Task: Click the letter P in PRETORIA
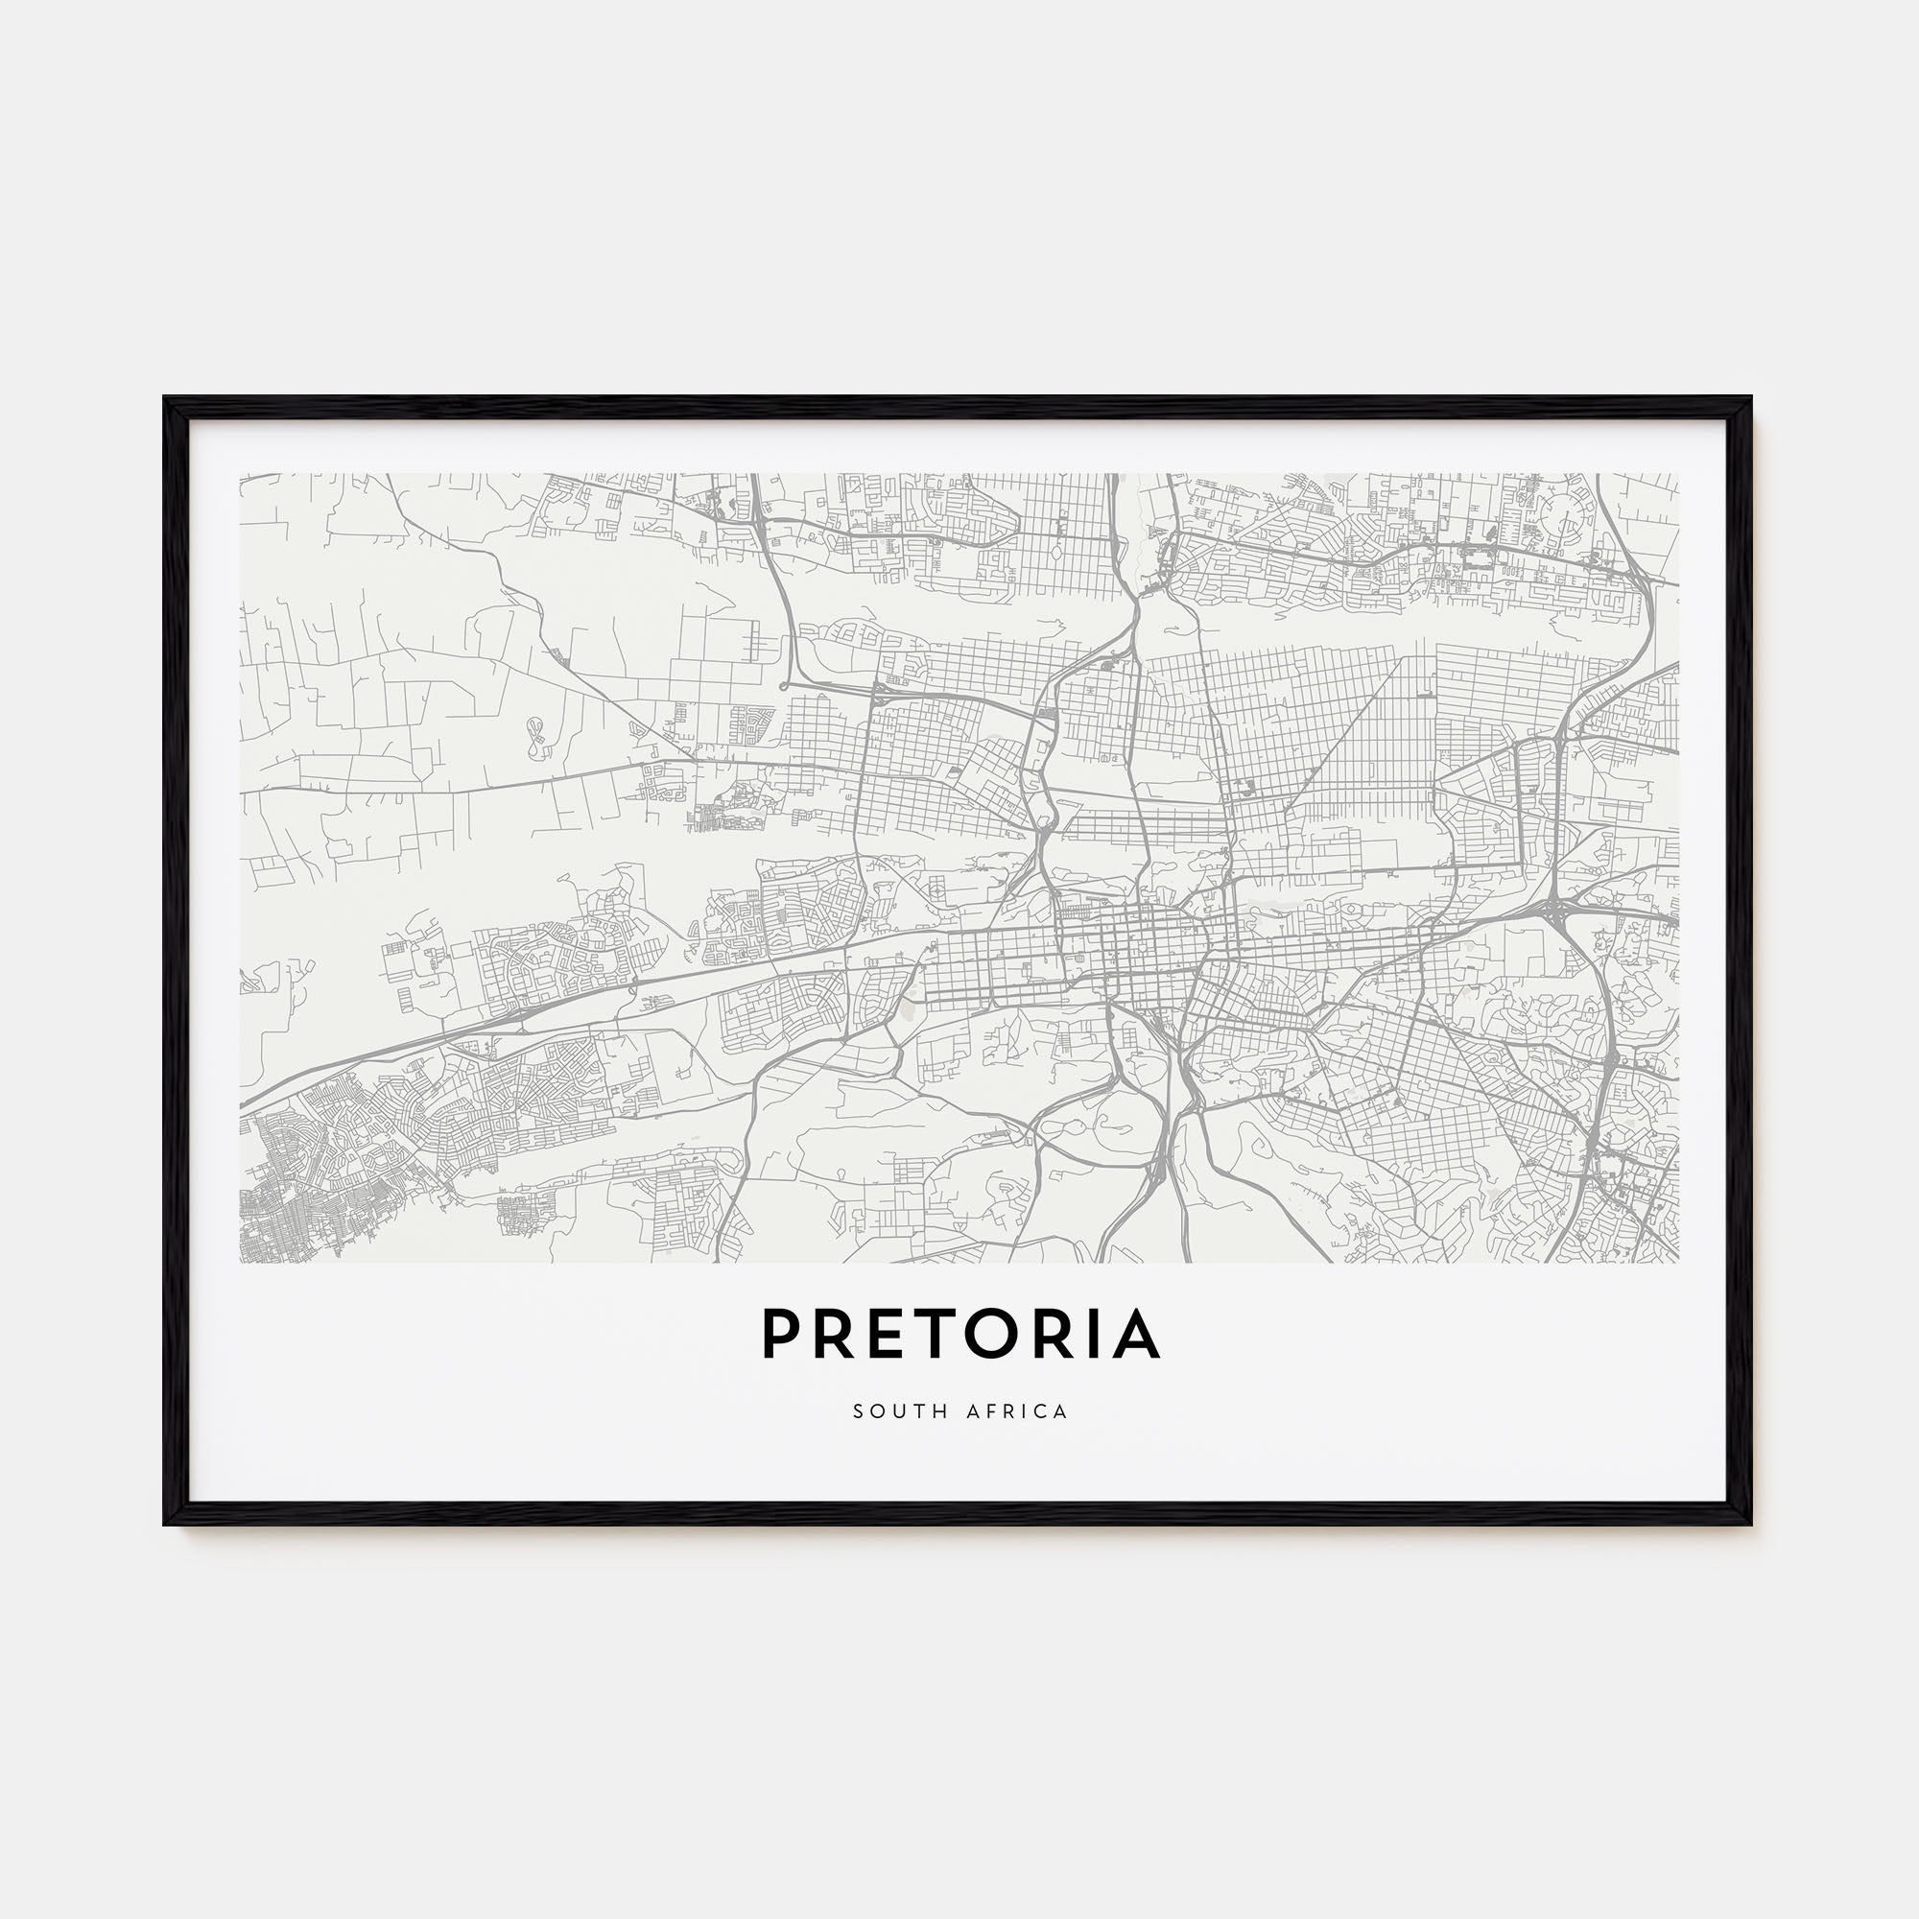tap(781, 1334)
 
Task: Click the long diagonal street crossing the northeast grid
tap(1342, 744)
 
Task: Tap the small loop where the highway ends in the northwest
tap(785, 685)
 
